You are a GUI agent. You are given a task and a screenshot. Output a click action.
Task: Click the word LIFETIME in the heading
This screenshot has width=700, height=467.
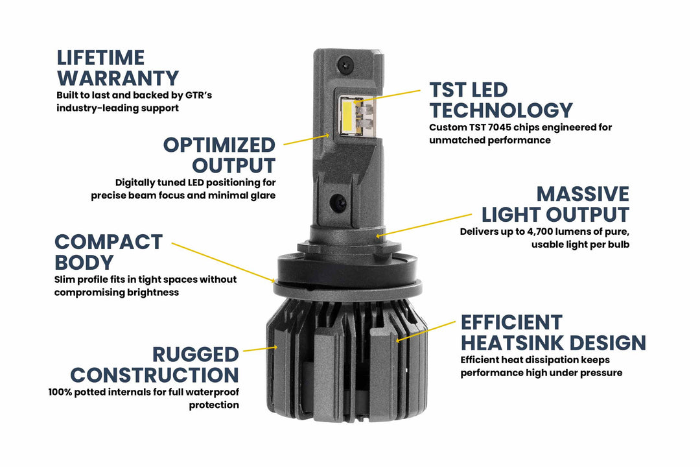100,58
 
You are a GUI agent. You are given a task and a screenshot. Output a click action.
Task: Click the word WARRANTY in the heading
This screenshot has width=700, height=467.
118,78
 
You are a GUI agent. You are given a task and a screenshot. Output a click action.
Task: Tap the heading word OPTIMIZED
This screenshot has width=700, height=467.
219,145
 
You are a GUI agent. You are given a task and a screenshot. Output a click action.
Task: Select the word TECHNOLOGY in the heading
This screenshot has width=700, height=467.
501,110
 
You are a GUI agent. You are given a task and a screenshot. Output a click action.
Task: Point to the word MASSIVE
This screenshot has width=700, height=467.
583,194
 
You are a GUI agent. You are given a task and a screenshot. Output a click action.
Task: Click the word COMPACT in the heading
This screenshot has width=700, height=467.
108,242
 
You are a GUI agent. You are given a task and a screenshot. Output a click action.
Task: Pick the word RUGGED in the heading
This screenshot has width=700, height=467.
196,355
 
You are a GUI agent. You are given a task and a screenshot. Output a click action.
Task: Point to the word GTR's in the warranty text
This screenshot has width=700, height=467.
197,95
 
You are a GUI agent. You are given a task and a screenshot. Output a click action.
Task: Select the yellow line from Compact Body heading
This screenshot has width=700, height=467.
223,262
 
